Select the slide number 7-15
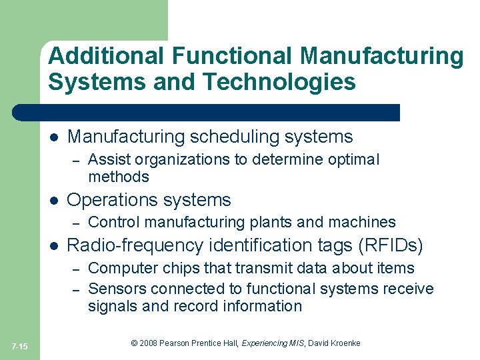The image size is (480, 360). [x=20, y=345]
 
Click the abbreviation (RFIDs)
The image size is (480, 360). [x=391, y=246]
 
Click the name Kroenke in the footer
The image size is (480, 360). [x=345, y=343]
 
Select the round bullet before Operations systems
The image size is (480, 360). [x=55, y=200]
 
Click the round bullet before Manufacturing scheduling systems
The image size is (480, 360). [x=55, y=137]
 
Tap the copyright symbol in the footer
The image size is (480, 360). [x=135, y=343]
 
